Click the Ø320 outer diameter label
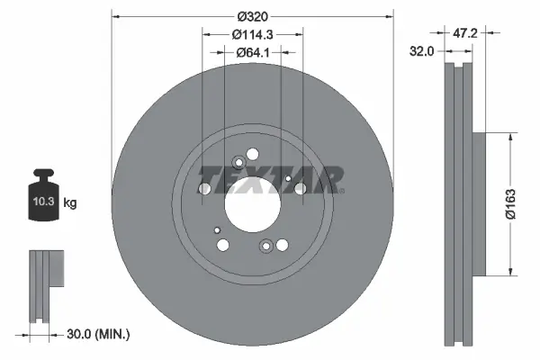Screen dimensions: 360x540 pos(252,15)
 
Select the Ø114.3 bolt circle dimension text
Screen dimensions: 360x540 pos(252,34)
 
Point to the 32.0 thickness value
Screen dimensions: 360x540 pos(423,52)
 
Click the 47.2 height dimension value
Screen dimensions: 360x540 pos(463,33)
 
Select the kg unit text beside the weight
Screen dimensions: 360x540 pos(71,203)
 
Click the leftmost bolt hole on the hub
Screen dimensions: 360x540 pos(204,189)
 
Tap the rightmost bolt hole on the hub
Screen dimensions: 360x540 pos(301,189)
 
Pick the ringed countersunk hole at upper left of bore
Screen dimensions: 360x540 pos(238,163)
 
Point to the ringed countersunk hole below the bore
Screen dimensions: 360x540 pos(265,246)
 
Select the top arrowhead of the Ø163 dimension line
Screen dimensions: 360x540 pos(512,135)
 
